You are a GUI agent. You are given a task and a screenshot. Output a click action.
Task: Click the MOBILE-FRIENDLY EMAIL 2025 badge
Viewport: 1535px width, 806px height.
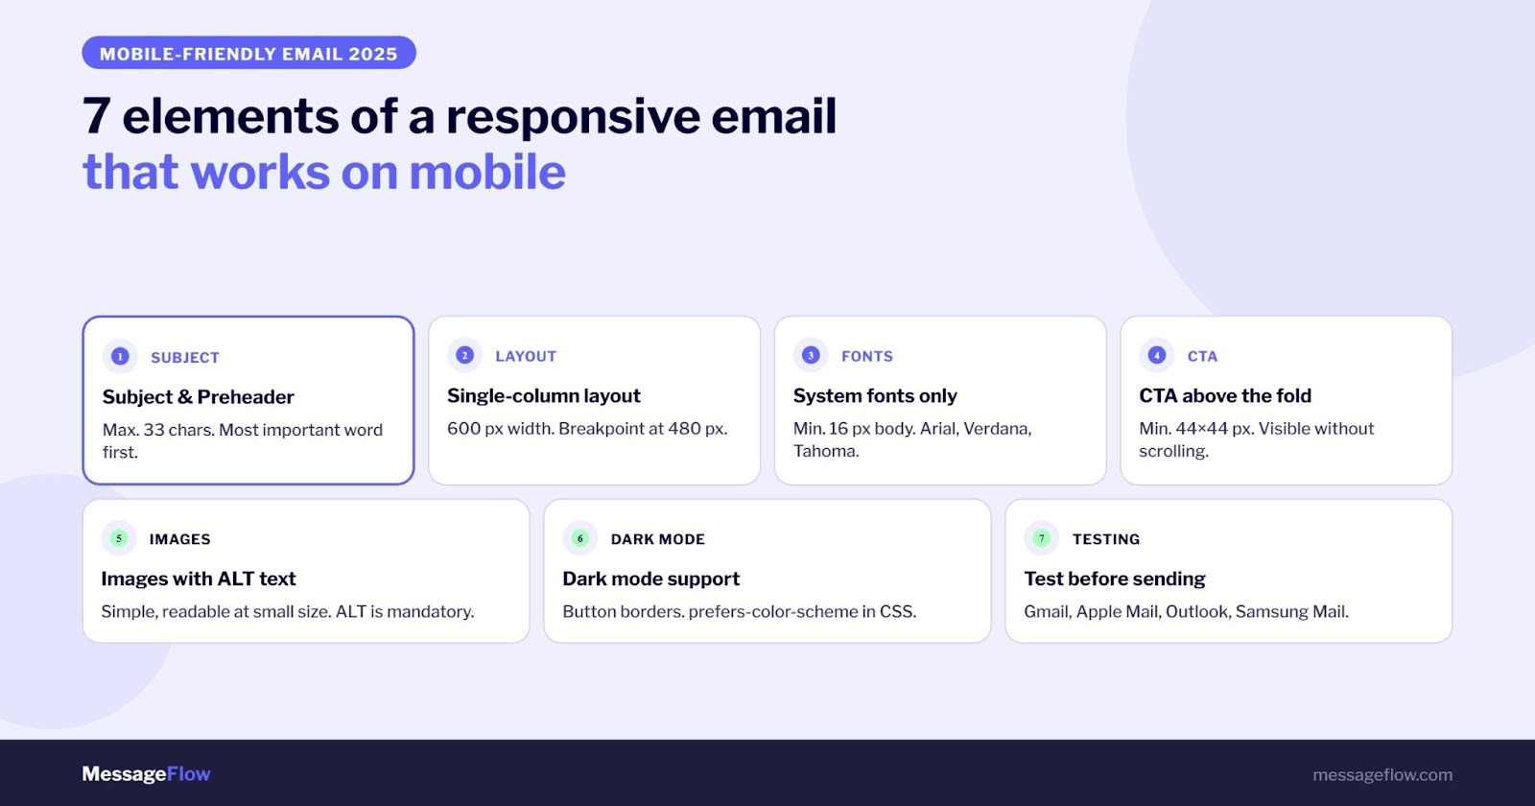[248, 54]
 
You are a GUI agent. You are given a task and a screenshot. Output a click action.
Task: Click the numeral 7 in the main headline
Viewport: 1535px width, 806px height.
[96, 117]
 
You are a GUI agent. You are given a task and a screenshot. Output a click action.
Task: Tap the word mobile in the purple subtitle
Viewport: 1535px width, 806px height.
[487, 173]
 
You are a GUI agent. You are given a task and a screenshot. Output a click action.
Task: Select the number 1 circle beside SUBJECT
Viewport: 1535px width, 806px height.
[120, 357]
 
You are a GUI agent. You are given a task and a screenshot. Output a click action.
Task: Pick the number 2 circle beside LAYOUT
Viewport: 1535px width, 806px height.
[465, 355]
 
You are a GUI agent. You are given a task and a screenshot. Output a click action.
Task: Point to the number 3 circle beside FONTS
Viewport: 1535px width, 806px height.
[811, 355]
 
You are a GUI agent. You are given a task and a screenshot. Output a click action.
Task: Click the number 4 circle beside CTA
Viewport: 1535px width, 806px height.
[1157, 355]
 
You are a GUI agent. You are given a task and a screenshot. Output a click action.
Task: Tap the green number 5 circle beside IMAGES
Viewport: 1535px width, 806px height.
[119, 538]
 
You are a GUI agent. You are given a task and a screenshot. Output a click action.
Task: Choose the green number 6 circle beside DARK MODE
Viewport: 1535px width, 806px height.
[580, 538]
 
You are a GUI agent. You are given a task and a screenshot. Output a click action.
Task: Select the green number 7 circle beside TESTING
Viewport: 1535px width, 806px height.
[1042, 538]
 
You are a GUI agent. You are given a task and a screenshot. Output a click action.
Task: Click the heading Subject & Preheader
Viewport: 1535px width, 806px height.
[198, 397]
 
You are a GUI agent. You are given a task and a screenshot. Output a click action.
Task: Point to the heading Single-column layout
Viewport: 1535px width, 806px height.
[543, 395]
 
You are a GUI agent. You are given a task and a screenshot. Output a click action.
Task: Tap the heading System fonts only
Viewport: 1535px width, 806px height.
[875, 395]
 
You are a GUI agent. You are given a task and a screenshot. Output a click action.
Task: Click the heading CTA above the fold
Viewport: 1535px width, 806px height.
[1224, 395]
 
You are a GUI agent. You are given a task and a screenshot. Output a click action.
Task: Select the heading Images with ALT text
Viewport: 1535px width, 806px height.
[199, 579]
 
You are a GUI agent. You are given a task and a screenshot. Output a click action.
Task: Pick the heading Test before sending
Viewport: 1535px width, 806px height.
[1114, 579]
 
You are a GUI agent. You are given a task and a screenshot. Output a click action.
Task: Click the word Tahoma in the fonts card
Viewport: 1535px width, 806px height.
[825, 451]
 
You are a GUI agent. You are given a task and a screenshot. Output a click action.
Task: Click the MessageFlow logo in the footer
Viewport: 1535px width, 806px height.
[146, 774]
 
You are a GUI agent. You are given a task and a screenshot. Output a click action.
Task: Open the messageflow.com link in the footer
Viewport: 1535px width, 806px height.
[1382, 775]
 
